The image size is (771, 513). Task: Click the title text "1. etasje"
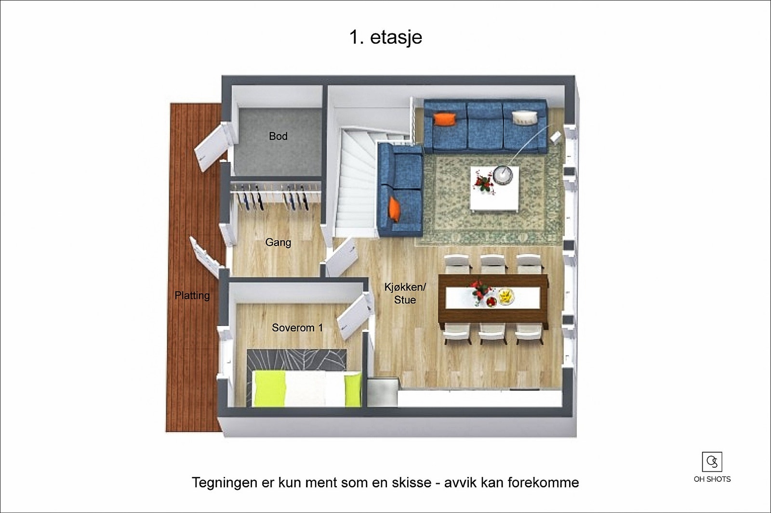385,37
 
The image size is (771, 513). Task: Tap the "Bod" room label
278,136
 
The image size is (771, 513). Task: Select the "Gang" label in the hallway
278,242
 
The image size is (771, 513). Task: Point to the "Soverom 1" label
297,328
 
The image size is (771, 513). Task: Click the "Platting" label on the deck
192,295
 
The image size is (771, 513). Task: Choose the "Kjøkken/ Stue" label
405,293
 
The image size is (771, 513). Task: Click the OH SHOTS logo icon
712,461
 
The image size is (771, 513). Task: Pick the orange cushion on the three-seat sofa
444,119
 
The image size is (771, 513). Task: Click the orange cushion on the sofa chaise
394,209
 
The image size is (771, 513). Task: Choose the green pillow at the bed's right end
353,389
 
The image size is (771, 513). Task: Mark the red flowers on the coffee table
482,184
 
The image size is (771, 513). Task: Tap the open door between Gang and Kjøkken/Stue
341,257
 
